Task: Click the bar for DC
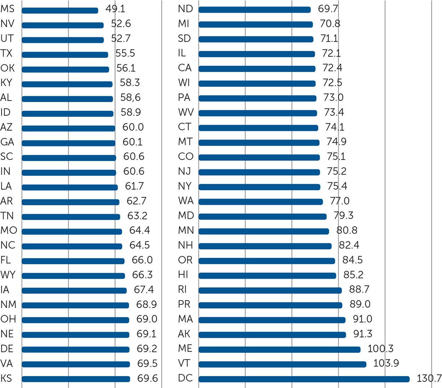click(x=304, y=379)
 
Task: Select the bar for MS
click(x=60, y=11)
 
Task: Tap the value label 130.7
click(x=429, y=378)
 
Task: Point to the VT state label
click(x=184, y=363)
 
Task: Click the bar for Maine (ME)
click(x=279, y=349)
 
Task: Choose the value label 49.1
click(x=115, y=9)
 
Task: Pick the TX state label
click(x=6, y=53)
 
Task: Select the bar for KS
click(x=76, y=379)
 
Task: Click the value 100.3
click(x=380, y=349)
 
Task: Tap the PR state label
click(x=184, y=304)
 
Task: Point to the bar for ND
click(x=255, y=10)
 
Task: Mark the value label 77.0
click(x=339, y=201)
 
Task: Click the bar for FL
click(x=73, y=261)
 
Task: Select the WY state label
click(x=8, y=275)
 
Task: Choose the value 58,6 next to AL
click(x=130, y=98)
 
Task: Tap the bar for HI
click(x=267, y=276)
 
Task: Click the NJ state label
click(x=185, y=171)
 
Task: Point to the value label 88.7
click(x=359, y=289)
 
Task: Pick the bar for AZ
click(x=68, y=128)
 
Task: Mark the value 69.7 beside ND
click(x=328, y=9)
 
